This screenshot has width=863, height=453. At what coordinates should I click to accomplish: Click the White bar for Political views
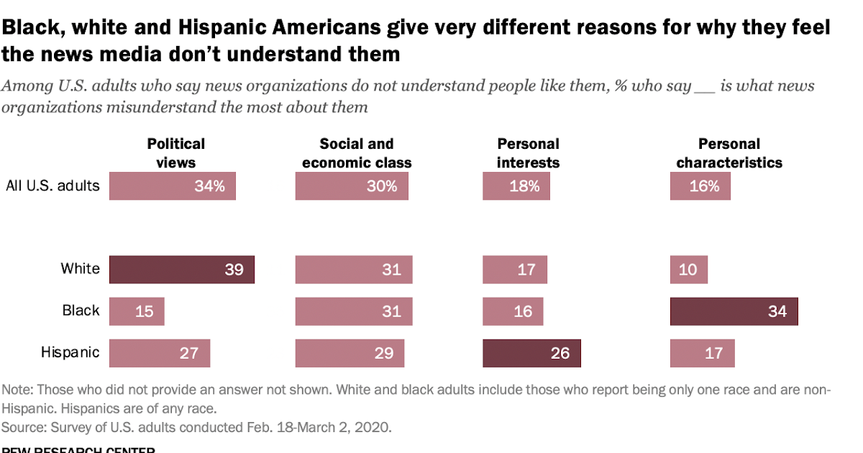click(181, 270)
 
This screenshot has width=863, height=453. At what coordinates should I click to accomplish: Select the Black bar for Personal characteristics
click(734, 311)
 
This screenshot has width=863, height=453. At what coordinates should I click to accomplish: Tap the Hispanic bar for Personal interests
click(531, 353)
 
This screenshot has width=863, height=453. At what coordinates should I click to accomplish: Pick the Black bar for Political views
click(137, 311)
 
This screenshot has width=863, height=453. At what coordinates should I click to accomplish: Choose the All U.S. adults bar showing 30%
click(352, 186)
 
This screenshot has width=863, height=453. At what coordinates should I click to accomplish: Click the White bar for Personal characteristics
click(688, 270)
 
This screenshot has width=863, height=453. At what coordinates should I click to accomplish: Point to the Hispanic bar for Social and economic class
click(350, 353)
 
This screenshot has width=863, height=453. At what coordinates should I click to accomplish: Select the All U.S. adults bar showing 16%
click(700, 186)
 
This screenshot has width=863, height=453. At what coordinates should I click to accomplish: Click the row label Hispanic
click(70, 353)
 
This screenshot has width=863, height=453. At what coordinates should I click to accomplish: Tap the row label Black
click(81, 311)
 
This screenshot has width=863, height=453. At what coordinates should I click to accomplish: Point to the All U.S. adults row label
click(52, 186)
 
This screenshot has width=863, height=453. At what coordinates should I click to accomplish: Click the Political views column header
click(176, 153)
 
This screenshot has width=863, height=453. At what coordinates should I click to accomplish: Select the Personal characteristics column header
click(729, 153)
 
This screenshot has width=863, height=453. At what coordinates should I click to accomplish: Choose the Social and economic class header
click(357, 153)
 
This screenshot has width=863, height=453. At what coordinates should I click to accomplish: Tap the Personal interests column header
click(528, 153)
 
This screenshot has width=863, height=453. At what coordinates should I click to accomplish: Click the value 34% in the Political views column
click(209, 186)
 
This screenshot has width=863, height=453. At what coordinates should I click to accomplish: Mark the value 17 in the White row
click(526, 270)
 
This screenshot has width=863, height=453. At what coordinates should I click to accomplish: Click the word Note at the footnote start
click(17, 390)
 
